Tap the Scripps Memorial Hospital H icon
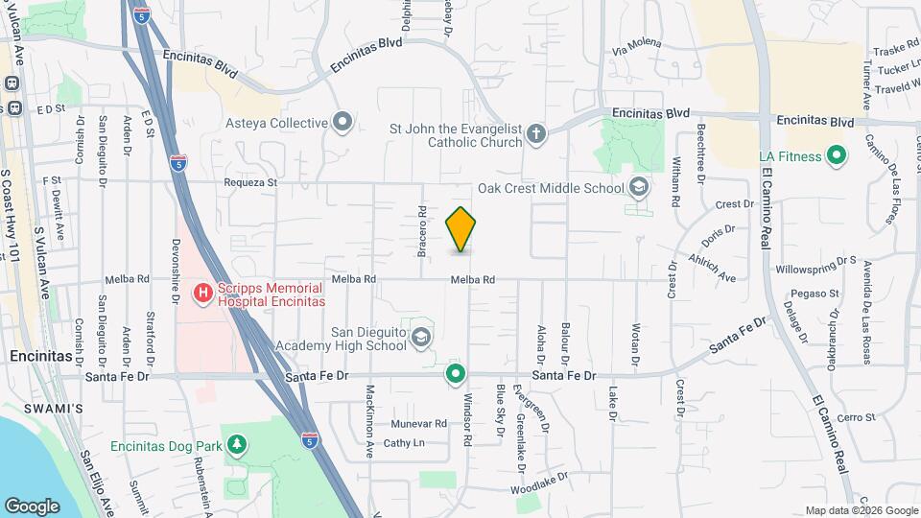tap(202, 292)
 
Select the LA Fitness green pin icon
tap(836, 155)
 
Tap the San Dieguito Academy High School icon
tap(420, 337)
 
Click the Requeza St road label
tap(250, 181)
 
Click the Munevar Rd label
tap(419, 423)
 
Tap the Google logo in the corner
tap(33, 506)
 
